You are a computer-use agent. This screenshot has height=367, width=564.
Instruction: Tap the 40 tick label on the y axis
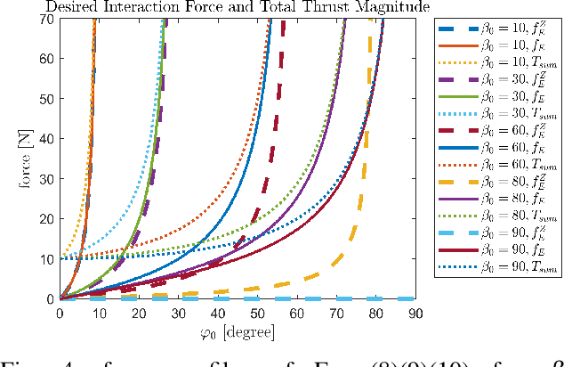click(46, 139)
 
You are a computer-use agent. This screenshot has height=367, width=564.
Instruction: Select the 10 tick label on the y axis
click(46, 258)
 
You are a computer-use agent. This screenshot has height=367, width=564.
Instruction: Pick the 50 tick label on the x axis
click(255, 314)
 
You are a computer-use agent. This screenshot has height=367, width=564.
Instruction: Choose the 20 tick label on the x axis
click(138, 314)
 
